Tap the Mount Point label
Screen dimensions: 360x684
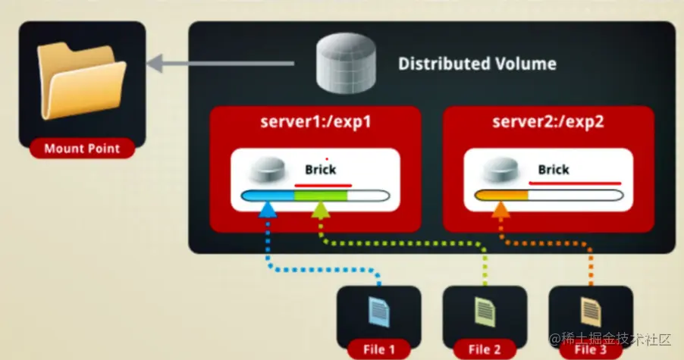pyautogui.click(x=83, y=149)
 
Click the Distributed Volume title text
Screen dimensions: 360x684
pyautogui.click(x=477, y=64)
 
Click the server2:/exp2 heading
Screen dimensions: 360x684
pyautogui.click(x=548, y=122)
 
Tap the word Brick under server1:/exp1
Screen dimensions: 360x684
pyautogui.click(x=320, y=170)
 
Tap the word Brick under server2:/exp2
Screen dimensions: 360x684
pyautogui.click(x=554, y=170)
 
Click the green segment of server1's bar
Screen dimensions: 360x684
pyautogui.click(x=321, y=196)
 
